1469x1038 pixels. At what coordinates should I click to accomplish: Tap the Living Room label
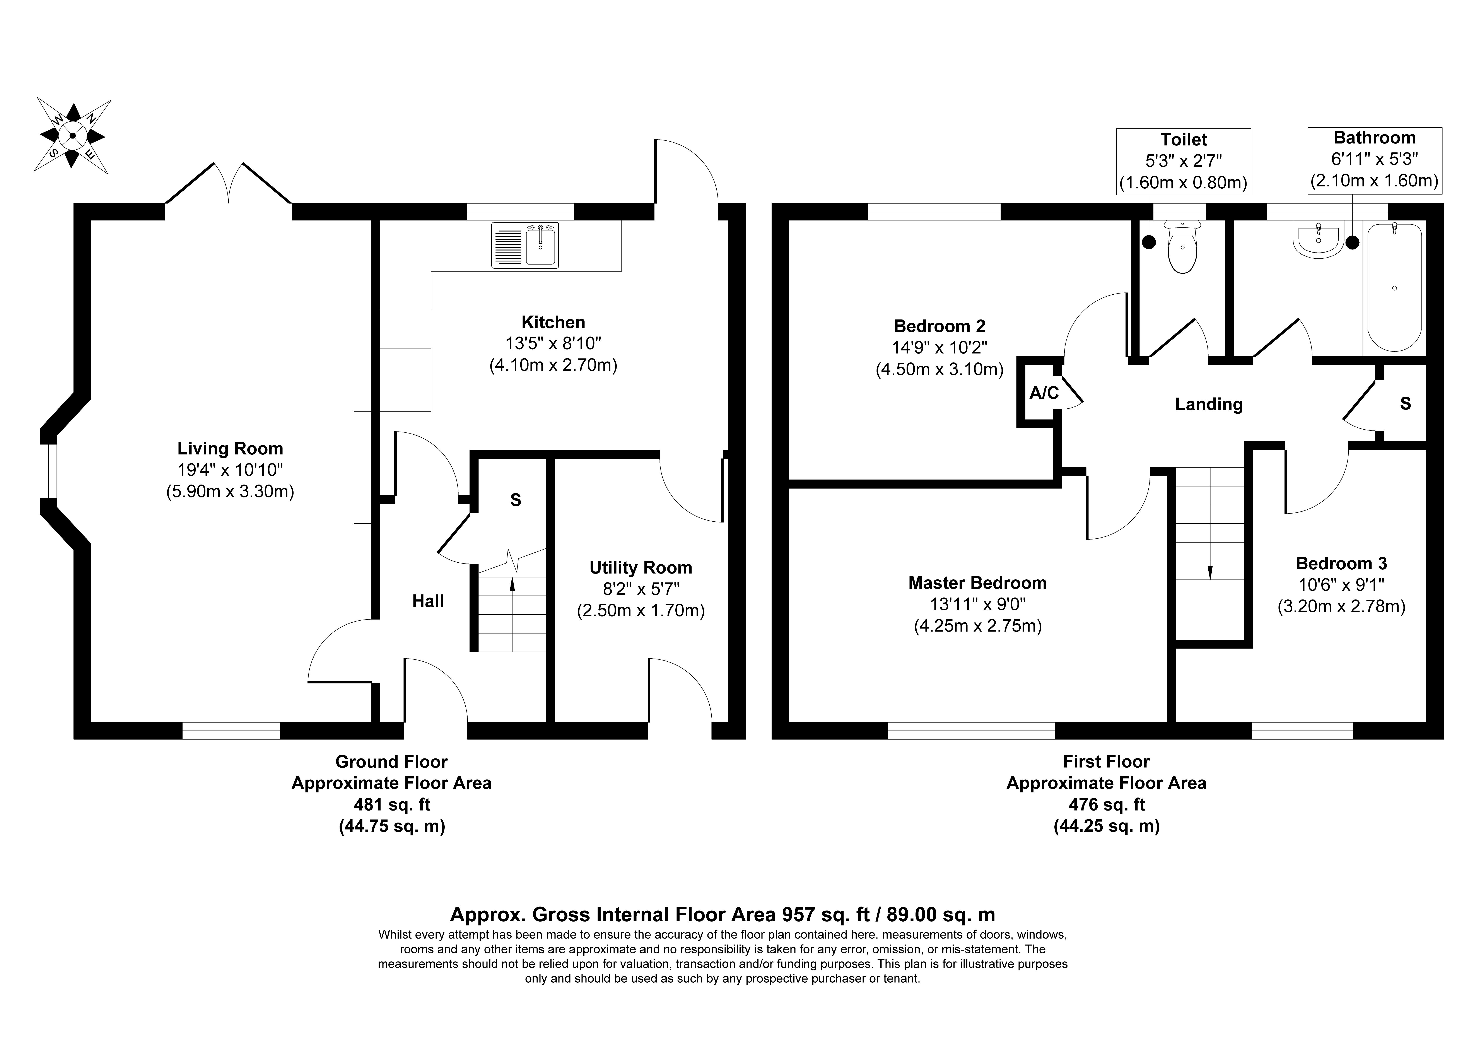click(x=230, y=449)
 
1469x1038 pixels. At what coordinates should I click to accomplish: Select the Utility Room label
click(x=641, y=568)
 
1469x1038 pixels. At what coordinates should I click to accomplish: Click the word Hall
click(x=428, y=601)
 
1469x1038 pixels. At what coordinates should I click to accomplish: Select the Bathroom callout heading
click(x=1374, y=138)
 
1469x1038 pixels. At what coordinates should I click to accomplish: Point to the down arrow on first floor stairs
click(x=1210, y=555)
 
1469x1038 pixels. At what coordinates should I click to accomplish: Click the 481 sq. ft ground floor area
click(x=391, y=804)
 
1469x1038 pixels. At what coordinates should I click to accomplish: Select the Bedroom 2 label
click(x=939, y=326)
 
